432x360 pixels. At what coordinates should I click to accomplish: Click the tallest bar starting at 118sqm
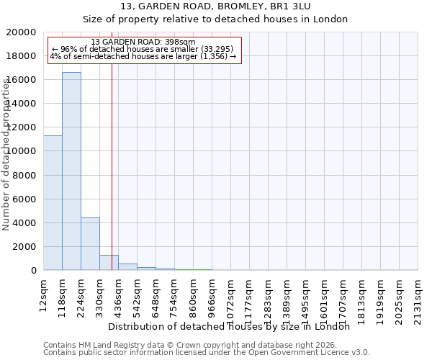[x=71, y=171]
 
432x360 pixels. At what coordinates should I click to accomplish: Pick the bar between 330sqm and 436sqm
[x=109, y=263]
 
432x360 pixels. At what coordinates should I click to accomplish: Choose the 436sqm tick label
[x=118, y=299]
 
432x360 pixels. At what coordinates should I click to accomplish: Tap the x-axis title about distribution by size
[x=233, y=326]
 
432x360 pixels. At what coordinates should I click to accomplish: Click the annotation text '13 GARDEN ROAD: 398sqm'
[x=143, y=42]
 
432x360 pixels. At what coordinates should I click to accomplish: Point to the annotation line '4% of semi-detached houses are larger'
[x=143, y=56]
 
